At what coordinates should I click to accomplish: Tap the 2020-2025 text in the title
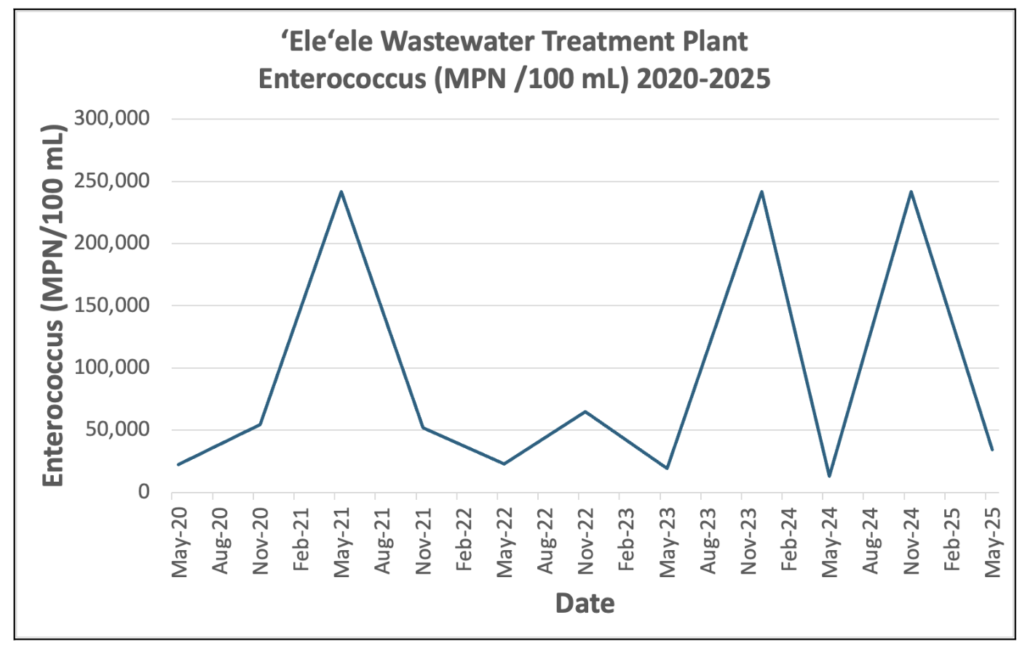click(703, 79)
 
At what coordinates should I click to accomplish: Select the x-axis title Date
click(585, 603)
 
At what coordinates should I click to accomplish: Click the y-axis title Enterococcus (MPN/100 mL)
click(54, 305)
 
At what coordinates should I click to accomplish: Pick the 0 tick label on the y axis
click(143, 493)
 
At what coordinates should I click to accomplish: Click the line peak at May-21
click(341, 192)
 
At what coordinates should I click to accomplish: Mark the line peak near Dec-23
click(761, 192)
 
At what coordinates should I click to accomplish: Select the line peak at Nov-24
click(911, 192)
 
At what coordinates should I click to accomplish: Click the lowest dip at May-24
click(828, 476)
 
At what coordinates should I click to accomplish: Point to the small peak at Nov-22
click(585, 412)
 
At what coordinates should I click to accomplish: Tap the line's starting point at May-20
click(178, 464)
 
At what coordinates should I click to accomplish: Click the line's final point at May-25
click(992, 450)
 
